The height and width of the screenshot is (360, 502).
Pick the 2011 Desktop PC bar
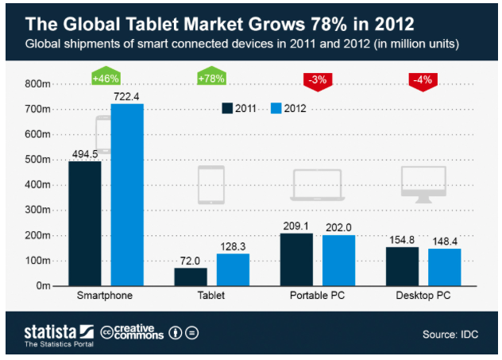(402, 266)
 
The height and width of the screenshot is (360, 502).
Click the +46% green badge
(106, 78)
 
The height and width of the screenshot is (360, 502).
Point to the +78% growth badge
(212, 78)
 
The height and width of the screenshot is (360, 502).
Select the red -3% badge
(318, 78)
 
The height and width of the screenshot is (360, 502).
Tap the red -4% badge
(423, 78)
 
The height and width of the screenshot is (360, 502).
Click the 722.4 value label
(127, 95)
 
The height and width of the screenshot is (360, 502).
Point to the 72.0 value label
(191, 259)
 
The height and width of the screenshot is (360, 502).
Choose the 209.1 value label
(296, 225)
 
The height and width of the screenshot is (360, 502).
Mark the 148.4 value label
(445, 240)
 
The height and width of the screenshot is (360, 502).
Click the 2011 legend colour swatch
(226, 108)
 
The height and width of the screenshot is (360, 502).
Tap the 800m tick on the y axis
(38, 83)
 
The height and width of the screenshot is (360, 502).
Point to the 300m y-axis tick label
(38, 210)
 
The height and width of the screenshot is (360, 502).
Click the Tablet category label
(211, 296)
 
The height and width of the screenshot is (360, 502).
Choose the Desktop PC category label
(423, 296)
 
